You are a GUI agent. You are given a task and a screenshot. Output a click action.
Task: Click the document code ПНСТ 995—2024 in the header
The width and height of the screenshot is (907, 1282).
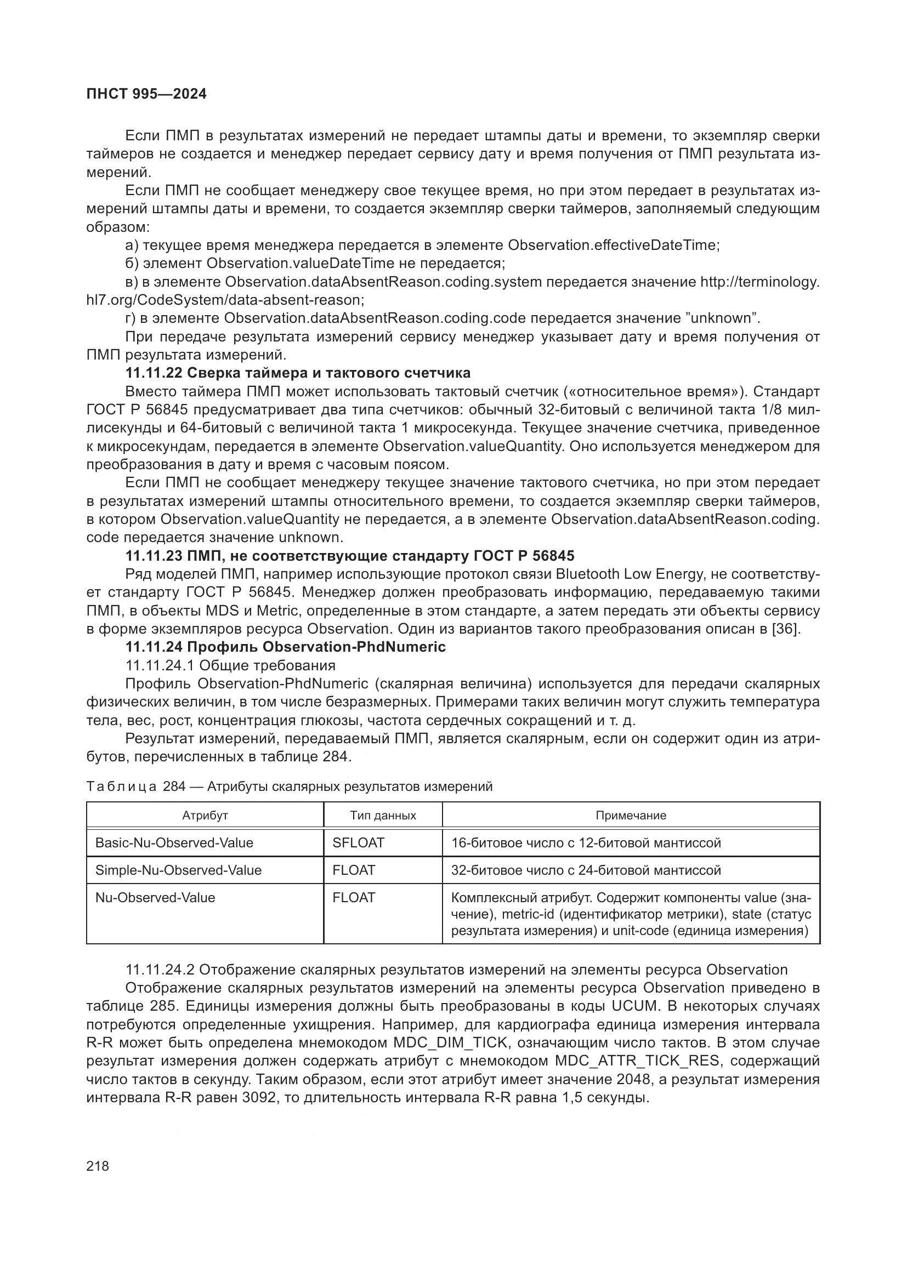146,94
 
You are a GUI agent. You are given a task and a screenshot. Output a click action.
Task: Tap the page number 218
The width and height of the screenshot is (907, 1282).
98,1166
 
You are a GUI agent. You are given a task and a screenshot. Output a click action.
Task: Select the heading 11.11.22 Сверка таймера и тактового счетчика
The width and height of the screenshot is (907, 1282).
298,373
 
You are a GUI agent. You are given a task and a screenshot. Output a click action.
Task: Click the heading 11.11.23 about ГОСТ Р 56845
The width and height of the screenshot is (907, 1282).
350,556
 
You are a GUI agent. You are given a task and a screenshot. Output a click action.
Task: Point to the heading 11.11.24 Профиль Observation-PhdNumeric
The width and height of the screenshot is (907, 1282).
285,647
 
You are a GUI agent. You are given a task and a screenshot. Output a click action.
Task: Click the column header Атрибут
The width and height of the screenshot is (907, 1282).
205,815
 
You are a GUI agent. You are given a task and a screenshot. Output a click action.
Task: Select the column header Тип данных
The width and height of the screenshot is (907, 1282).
383,815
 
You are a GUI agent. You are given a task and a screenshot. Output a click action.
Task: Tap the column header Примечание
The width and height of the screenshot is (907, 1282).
631,815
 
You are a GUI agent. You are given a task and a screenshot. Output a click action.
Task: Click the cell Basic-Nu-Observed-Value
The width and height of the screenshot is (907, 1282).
174,842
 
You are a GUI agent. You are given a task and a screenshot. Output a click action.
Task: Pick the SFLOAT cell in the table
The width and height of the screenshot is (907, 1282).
358,842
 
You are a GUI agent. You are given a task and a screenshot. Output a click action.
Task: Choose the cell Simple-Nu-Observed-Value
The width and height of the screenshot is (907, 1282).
178,870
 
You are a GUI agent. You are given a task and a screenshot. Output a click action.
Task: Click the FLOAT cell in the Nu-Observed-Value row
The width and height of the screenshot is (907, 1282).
354,897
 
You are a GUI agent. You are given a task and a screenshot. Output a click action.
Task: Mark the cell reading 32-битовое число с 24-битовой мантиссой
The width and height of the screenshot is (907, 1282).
586,870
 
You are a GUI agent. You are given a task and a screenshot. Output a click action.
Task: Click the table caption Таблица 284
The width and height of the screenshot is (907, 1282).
289,787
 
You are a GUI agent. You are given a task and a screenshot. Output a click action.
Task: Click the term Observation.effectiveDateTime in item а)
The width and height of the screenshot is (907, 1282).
613,245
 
